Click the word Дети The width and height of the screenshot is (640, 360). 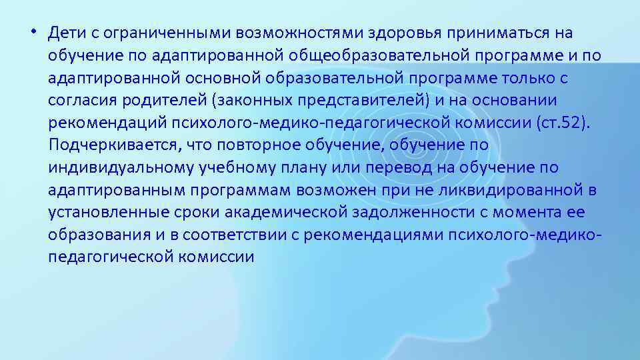[65, 33]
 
